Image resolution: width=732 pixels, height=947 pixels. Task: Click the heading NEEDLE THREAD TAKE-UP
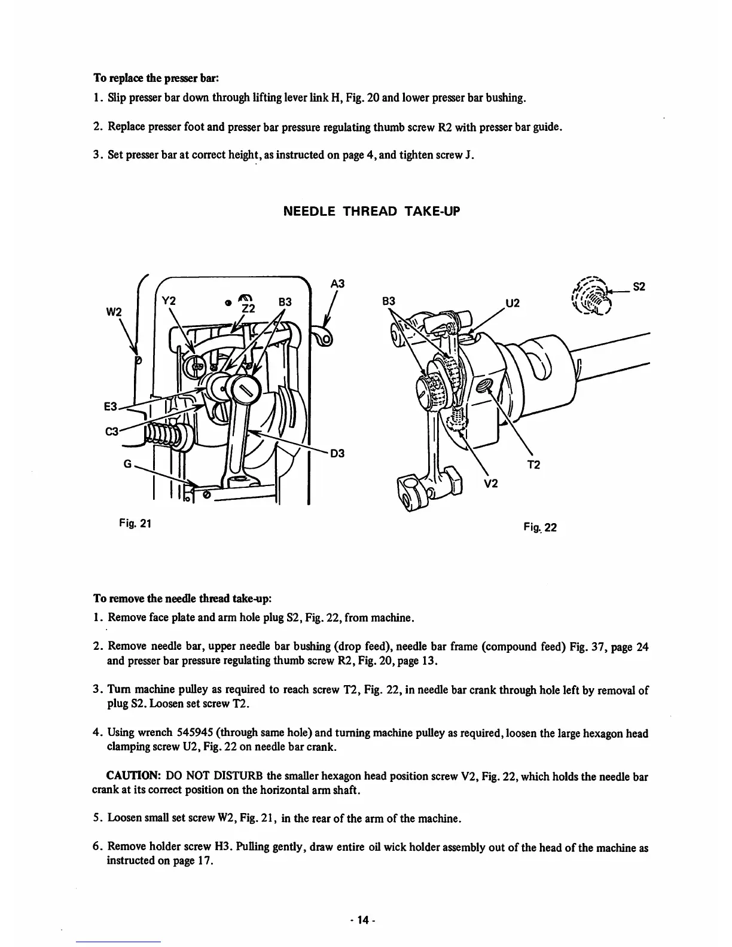tap(371, 212)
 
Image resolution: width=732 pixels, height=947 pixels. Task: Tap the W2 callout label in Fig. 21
tap(114, 312)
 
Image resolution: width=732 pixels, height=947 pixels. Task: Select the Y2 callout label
tap(169, 301)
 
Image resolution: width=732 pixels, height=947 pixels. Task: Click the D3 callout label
tap(338, 454)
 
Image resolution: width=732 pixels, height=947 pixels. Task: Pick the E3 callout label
tap(111, 407)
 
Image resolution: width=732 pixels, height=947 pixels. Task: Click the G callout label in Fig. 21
tap(127, 463)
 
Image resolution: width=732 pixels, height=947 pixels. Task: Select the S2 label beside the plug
tap(639, 286)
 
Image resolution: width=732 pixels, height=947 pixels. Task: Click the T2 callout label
tap(534, 465)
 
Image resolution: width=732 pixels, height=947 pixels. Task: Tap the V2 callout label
tap(490, 484)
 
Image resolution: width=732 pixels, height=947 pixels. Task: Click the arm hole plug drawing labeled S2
tap(592, 297)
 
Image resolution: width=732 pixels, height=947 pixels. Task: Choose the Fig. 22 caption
tap(540, 527)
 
